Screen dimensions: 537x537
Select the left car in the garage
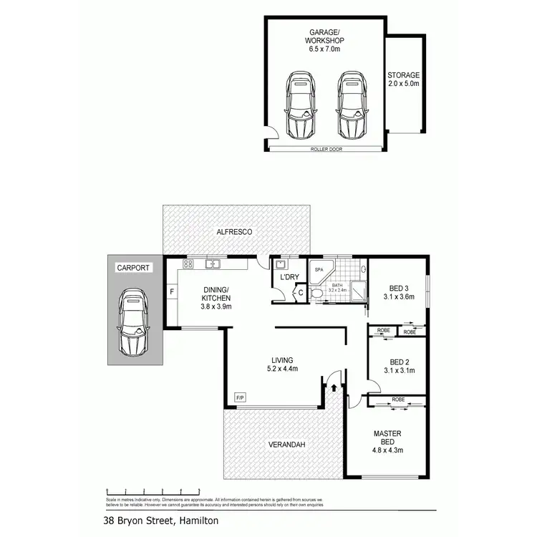[x=301, y=105]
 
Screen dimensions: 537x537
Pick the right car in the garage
[x=351, y=105]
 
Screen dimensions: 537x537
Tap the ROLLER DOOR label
[x=324, y=149]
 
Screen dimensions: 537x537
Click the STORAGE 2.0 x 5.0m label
[x=403, y=79]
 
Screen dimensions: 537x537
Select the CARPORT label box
[x=133, y=268]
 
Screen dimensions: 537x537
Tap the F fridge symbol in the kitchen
[x=172, y=291]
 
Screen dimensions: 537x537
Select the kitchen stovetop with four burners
[x=188, y=264]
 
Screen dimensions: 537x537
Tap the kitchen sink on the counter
[x=213, y=264]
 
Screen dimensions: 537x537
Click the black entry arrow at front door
[x=334, y=387]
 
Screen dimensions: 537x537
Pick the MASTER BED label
[x=387, y=437]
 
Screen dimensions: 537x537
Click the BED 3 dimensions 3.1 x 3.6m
[x=399, y=296]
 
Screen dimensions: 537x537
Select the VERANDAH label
[x=287, y=445]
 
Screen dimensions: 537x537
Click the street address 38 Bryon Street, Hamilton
[x=161, y=521]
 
